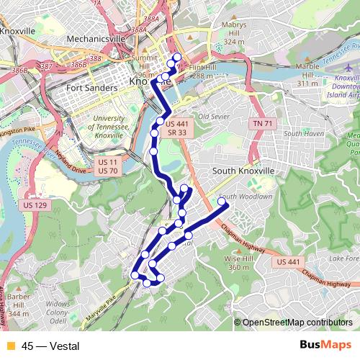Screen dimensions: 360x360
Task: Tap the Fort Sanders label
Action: (91, 88)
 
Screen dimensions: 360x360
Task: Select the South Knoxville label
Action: (243, 171)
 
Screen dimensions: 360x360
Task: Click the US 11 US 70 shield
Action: (107, 166)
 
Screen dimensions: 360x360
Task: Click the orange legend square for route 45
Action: (11, 346)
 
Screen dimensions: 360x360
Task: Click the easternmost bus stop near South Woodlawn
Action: (222, 202)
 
